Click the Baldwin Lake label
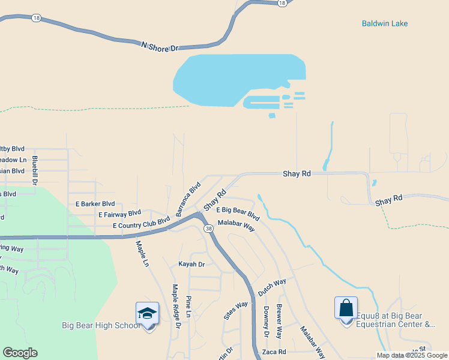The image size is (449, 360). pyautogui.click(x=385, y=23)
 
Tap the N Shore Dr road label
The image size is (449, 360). pyautogui.click(x=160, y=47)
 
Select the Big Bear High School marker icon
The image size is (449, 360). pyautogui.click(x=147, y=314)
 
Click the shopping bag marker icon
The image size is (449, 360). pyautogui.click(x=346, y=309)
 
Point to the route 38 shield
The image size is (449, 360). pyautogui.click(x=208, y=229)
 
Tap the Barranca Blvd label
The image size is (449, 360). pyautogui.click(x=188, y=199)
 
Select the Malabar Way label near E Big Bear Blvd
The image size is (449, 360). pyautogui.click(x=237, y=226)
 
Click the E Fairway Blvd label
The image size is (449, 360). pyautogui.click(x=119, y=214)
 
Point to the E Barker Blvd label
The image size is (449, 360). pyautogui.click(x=95, y=204)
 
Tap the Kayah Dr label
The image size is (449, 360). pyautogui.click(x=191, y=264)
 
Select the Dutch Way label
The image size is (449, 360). pyautogui.click(x=272, y=286)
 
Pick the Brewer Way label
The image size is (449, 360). pyautogui.click(x=279, y=321)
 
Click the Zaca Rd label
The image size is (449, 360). pyautogui.click(x=274, y=352)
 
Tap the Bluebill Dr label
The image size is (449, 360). pyautogui.click(x=35, y=170)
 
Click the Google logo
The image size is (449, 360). pyautogui.click(x=20, y=353)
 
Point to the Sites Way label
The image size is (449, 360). pyautogui.click(x=235, y=310)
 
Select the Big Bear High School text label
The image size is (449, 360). pyautogui.click(x=101, y=326)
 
